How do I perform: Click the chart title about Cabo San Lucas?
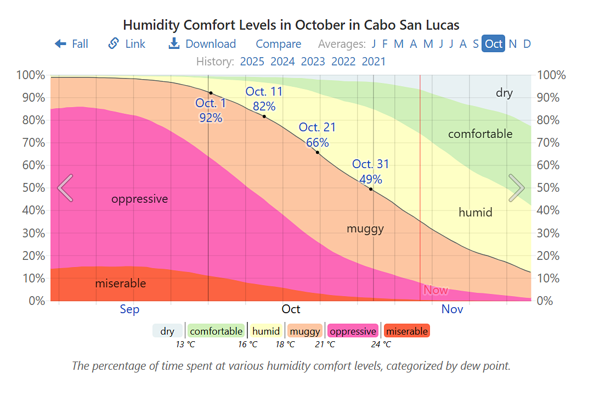pos(291,25)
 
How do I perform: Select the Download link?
pos(202,44)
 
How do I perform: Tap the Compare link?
pos(278,44)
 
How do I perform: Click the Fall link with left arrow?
pos(71,44)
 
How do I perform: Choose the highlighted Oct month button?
pos(493,44)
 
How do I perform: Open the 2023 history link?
pos(313,62)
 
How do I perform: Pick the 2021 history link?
pos(374,62)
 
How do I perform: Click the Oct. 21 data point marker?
pos(318,152)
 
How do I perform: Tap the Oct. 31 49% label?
pos(371,171)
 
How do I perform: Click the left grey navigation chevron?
pos(65,188)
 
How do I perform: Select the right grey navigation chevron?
pos(517,188)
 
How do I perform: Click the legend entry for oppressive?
pos(353,331)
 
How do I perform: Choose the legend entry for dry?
pos(167,331)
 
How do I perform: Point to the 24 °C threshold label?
pos(381,345)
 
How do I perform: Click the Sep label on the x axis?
pos(129,309)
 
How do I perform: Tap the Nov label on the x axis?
pos(452,309)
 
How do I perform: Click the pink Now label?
pos(435,290)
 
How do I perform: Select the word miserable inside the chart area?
pos(121,284)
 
